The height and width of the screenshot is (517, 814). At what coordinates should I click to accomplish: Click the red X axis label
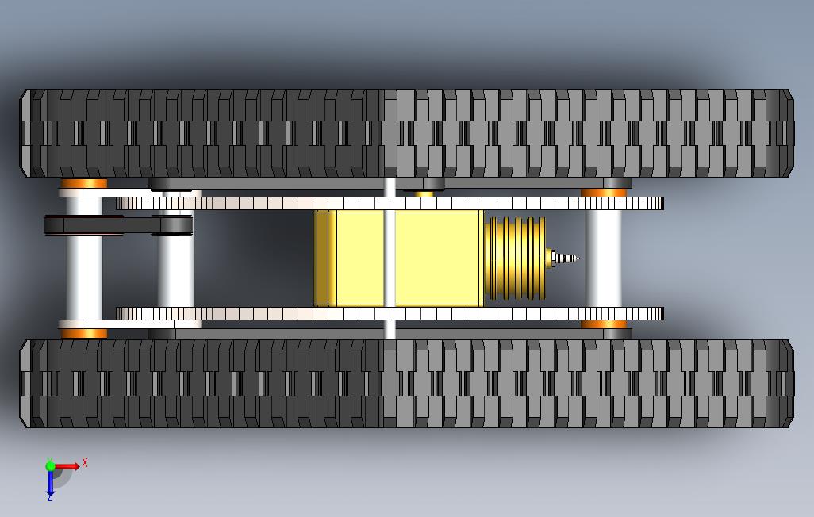[x=85, y=462]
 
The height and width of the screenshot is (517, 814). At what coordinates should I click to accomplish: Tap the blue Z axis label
[x=49, y=497]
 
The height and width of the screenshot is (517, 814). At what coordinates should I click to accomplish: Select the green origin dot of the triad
[x=50, y=466]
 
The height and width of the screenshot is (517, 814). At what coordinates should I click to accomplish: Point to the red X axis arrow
[x=68, y=466]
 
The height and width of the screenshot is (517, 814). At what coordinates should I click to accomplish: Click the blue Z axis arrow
[x=50, y=482]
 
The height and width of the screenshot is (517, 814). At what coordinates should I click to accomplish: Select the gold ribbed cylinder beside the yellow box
[x=514, y=258]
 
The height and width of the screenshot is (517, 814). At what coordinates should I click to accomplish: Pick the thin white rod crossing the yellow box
[x=389, y=258]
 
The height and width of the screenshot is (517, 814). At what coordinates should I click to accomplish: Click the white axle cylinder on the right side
[x=603, y=258]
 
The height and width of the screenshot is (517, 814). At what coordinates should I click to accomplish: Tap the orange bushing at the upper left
[x=83, y=184]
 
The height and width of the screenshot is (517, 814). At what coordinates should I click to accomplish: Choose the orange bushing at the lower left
[x=83, y=333]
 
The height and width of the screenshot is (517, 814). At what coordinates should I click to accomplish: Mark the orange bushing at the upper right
[x=604, y=193]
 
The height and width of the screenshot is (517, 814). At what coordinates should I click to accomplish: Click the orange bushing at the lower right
[x=604, y=324]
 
